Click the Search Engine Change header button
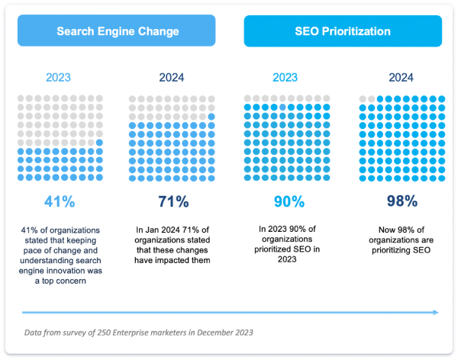pos(118,32)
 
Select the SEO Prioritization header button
pos(342,32)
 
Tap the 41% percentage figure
pos(60,201)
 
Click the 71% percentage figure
pos(172,201)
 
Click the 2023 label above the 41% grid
pos(60,77)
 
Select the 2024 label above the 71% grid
pos(172,77)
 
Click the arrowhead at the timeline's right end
pos(436,311)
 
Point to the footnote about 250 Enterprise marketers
pos(137,333)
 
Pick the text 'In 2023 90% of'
pos(289,228)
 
